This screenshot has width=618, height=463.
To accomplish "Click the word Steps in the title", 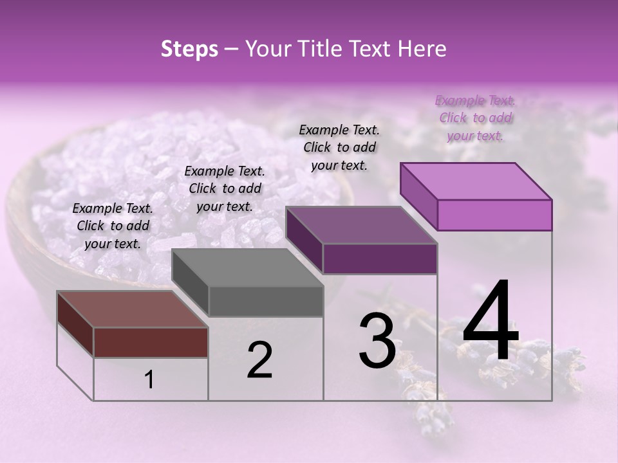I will (x=189, y=49).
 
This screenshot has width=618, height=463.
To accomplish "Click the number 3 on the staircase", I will (x=377, y=341).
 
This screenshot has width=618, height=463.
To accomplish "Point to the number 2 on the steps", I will (x=259, y=361).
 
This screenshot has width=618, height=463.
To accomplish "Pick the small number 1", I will (x=149, y=380).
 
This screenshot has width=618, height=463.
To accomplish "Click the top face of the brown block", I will (x=132, y=309).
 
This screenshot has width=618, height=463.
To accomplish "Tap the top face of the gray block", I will (x=248, y=268).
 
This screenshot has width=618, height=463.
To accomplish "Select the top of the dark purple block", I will (x=362, y=225).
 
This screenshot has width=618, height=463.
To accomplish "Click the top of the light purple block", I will (x=476, y=181).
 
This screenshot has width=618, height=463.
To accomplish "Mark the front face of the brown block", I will (x=151, y=342).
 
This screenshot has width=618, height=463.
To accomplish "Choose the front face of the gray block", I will (x=266, y=301).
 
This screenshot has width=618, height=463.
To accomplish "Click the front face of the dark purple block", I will (x=380, y=259).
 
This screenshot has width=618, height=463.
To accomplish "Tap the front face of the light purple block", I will (x=494, y=215).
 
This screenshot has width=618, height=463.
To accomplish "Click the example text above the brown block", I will (x=113, y=226).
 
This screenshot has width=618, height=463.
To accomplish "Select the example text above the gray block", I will (x=225, y=188).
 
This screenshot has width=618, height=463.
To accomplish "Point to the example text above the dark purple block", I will (x=339, y=147).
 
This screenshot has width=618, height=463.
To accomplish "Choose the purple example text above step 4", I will (x=475, y=118).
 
